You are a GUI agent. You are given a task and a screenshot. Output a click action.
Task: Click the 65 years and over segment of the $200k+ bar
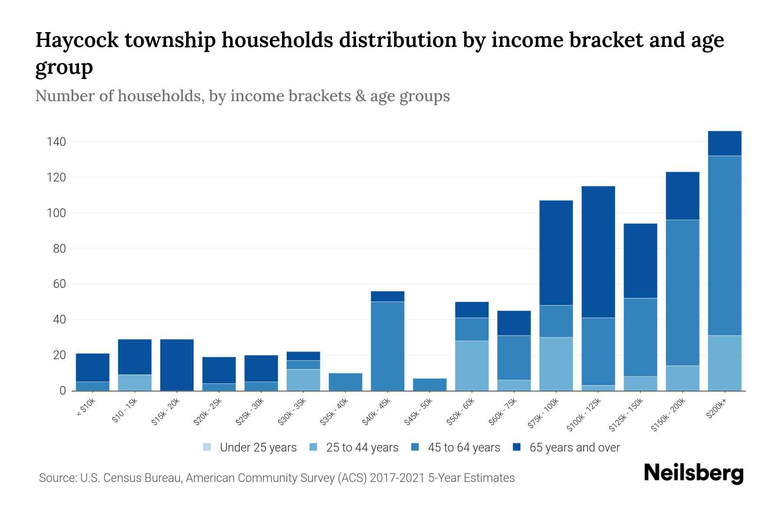[725, 143]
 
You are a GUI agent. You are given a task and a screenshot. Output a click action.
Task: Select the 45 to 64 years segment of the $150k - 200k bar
[683, 293]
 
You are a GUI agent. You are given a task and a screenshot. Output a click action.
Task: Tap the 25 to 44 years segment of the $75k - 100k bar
[556, 364]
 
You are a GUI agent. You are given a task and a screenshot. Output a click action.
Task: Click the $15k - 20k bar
[177, 365]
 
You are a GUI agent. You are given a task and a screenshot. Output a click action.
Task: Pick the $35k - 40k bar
[345, 382]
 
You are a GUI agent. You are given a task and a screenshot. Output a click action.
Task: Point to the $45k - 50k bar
[430, 384]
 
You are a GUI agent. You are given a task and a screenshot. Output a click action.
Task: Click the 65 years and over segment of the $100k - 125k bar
[598, 252]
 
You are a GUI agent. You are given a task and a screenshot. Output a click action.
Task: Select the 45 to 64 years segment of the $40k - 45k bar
[387, 346]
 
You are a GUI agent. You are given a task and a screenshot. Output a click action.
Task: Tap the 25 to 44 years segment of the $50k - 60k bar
[472, 366]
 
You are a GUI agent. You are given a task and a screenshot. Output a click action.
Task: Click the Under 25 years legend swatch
[207, 447]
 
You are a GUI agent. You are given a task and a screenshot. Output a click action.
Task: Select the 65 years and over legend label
[574, 447]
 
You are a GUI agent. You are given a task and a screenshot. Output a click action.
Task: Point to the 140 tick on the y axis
[56, 142]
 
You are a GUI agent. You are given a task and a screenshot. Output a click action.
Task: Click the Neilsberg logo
[693, 473]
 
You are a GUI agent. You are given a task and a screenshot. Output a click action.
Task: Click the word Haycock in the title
[76, 40]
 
